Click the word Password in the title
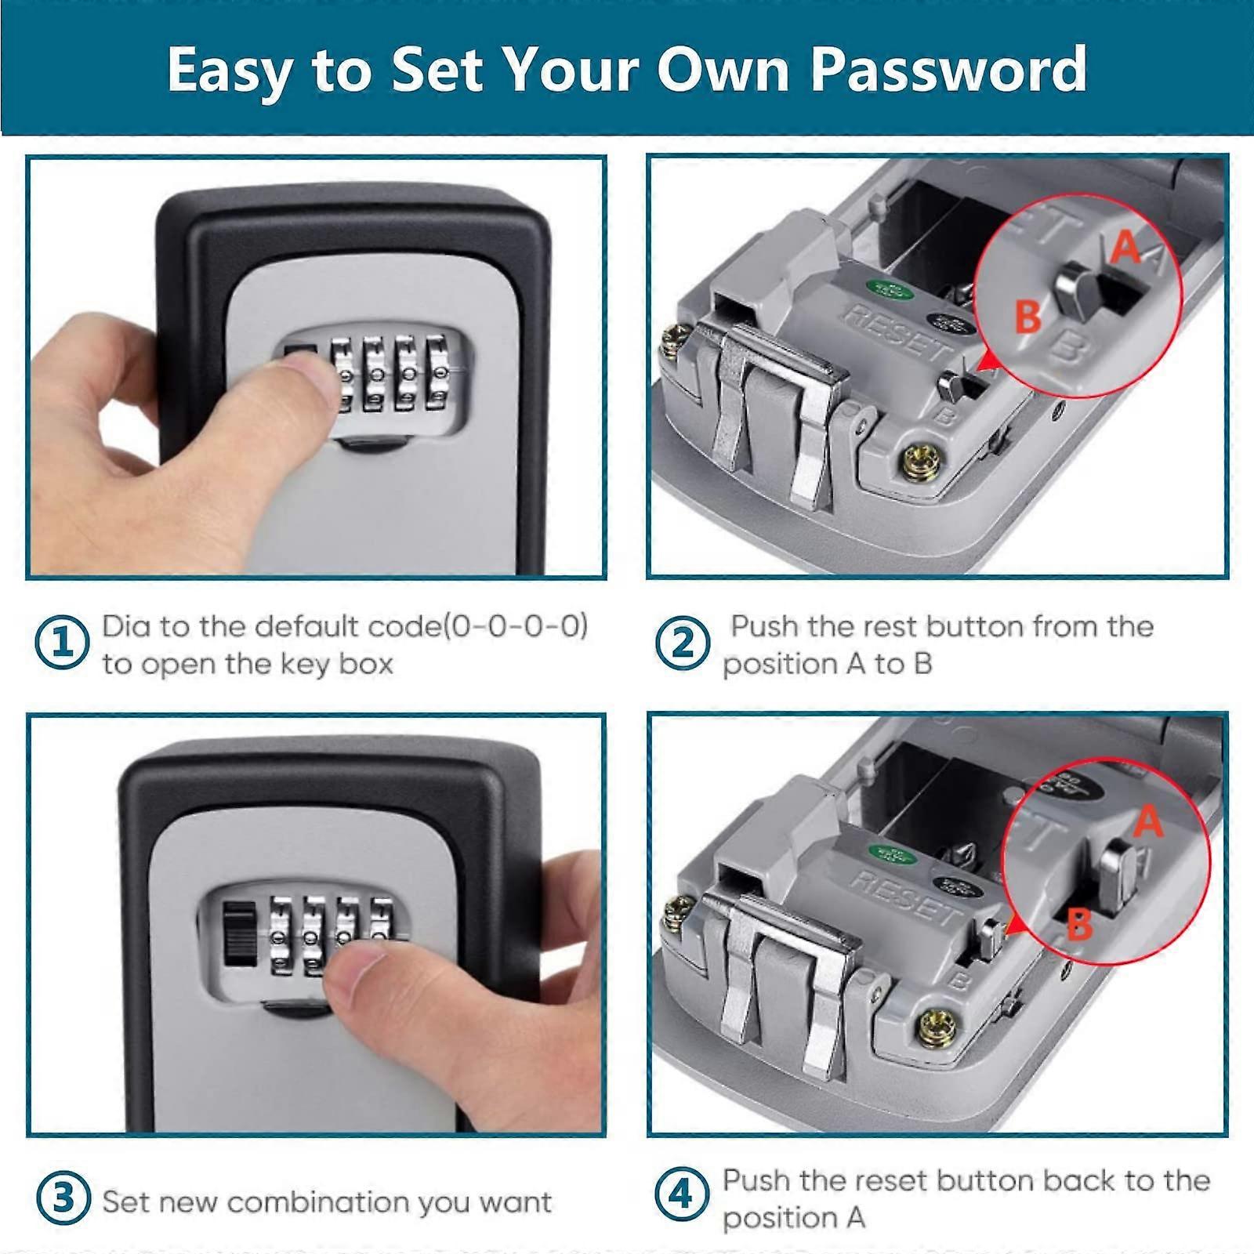click(948, 71)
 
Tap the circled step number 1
click(63, 643)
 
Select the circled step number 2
click(683, 643)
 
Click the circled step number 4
click(681, 1195)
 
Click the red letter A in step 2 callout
click(1125, 248)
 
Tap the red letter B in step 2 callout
click(1028, 317)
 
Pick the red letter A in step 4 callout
click(1148, 821)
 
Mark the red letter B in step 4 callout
click(1080, 925)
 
